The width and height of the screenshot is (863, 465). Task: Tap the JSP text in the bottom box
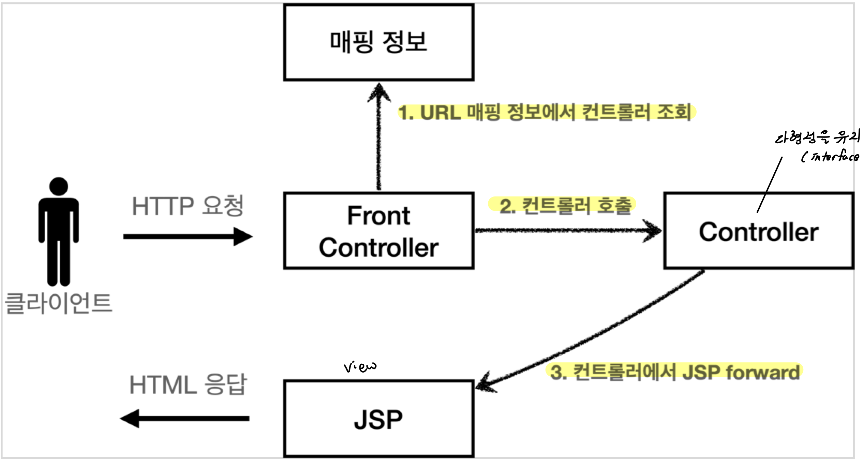click(x=378, y=420)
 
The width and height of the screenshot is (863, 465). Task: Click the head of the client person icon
click(x=59, y=186)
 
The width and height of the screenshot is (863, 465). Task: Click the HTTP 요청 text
click(x=188, y=206)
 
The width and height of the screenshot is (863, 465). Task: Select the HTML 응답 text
click(x=188, y=384)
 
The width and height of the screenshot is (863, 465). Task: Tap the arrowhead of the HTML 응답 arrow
click(x=130, y=418)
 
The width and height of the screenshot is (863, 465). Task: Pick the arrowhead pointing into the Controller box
click(x=653, y=231)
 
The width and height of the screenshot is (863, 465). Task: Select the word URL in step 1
click(x=440, y=113)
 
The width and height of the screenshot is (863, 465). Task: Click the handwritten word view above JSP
click(x=360, y=367)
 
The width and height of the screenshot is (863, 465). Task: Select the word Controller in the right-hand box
click(x=759, y=232)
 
